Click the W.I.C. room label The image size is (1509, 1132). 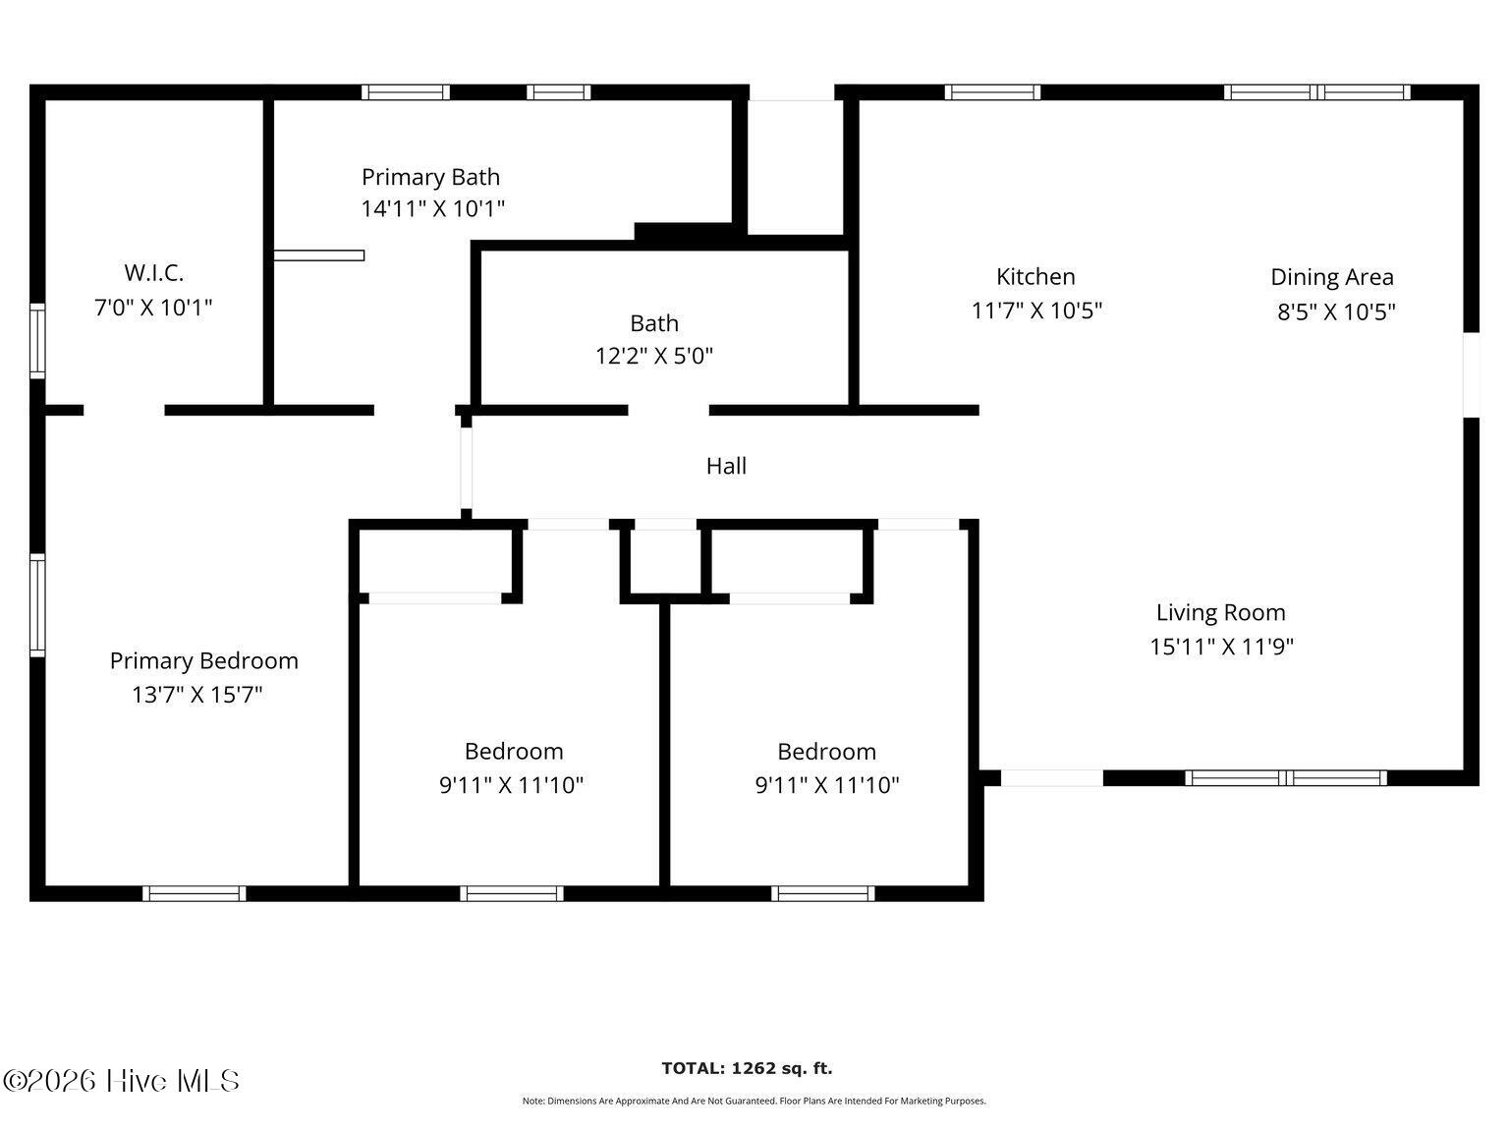pyautogui.click(x=153, y=272)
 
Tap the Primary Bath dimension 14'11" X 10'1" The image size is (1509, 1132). pyautogui.click(x=432, y=208)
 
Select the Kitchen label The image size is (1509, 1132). pyautogui.click(x=1035, y=276)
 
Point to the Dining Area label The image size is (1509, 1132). pyautogui.click(x=1331, y=277)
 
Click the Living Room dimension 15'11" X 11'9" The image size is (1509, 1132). pyautogui.click(x=1221, y=647)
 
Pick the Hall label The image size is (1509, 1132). pyautogui.click(x=726, y=466)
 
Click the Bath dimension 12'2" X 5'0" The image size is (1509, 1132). pyautogui.click(x=653, y=356)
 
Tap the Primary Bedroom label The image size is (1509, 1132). pyautogui.click(x=203, y=660)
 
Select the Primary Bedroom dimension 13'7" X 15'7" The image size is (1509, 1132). pyautogui.click(x=197, y=695)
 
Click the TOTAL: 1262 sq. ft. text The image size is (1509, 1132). pyautogui.click(x=747, y=1068)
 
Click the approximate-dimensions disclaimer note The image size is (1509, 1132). pyautogui.click(x=754, y=1102)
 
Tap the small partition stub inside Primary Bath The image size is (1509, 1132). pyautogui.click(x=318, y=255)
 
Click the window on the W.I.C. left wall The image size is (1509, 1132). pyautogui.click(x=37, y=341)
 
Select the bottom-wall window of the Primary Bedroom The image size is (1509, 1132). pyautogui.click(x=195, y=893)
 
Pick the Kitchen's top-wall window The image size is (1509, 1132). pyautogui.click(x=992, y=92)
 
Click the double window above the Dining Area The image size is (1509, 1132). pyautogui.click(x=1316, y=92)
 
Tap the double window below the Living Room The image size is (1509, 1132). pyautogui.click(x=1286, y=778)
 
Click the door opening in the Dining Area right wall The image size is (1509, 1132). pyautogui.click(x=1471, y=374)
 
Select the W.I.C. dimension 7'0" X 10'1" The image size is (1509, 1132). pyautogui.click(x=153, y=308)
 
